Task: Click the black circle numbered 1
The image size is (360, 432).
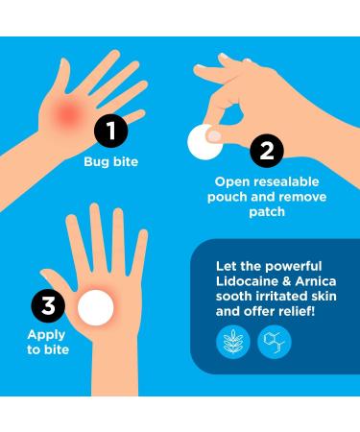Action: [x=111, y=131]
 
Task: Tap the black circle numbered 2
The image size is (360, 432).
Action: [x=267, y=151]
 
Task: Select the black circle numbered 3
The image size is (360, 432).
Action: [x=48, y=305]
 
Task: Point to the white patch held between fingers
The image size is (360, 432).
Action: [x=204, y=142]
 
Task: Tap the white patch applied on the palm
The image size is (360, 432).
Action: [x=96, y=307]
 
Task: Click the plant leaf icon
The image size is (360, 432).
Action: [x=233, y=342]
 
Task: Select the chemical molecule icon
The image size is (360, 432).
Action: [x=275, y=342]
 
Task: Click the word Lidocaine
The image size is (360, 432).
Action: [x=248, y=281]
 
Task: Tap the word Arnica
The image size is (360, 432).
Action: [x=316, y=281]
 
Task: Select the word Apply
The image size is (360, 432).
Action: [x=46, y=335]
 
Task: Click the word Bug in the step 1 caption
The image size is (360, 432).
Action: [x=94, y=162]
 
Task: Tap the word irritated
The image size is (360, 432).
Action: [x=280, y=296]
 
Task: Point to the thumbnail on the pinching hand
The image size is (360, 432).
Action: [x=214, y=136]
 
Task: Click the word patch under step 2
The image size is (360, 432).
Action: [x=267, y=212]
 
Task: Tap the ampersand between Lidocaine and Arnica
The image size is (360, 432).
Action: [x=287, y=281]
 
